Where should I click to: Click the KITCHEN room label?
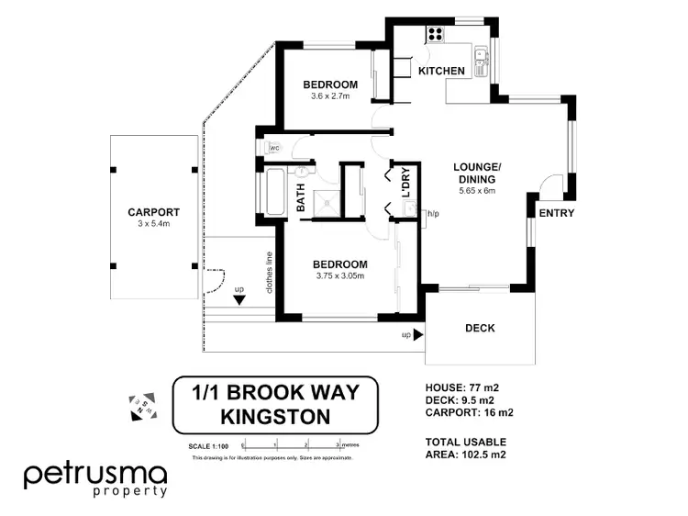441,71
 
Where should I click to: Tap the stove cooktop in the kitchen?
434,37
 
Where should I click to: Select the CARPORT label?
153,212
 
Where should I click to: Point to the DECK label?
480,328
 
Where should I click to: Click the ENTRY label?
556,213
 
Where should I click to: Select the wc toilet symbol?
272,148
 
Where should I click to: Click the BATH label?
300,196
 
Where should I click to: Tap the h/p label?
433,214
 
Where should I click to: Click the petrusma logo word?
95,475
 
